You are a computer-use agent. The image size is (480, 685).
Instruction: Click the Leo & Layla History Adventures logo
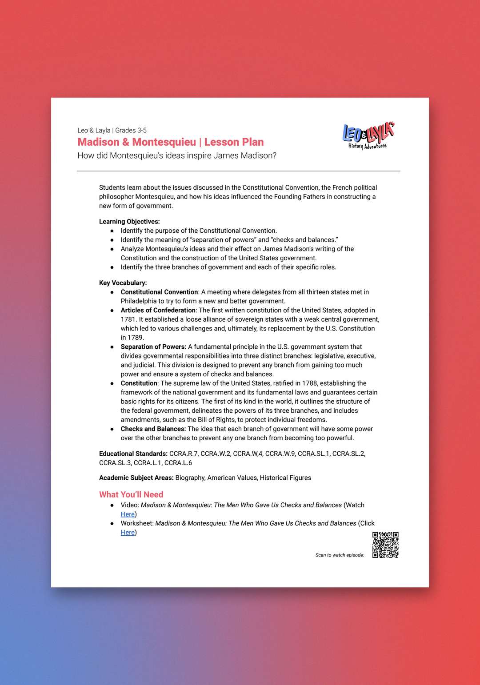pyautogui.click(x=368, y=136)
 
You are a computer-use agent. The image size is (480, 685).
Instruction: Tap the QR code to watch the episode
pyautogui.click(x=385, y=545)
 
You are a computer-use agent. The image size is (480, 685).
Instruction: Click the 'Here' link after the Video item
pyautogui.click(x=128, y=514)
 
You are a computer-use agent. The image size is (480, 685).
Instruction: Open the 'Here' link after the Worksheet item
pyautogui.click(x=128, y=532)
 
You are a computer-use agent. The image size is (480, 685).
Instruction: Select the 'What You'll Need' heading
pyautogui.click(x=131, y=494)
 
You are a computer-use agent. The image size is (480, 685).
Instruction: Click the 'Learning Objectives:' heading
pyautogui.click(x=129, y=221)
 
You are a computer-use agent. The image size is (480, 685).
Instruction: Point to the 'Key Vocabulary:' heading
pyautogui.click(x=123, y=283)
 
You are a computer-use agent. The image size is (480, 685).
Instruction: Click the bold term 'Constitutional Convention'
pyautogui.click(x=159, y=292)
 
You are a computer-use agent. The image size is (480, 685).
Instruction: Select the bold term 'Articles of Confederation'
pyautogui.click(x=158, y=310)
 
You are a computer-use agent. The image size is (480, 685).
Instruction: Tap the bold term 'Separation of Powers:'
pyautogui.click(x=153, y=346)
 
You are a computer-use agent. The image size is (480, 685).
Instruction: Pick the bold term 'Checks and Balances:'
pyautogui.click(x=153, y=429)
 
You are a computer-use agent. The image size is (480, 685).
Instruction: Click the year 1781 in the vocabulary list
pyautogui.click(x=128, y=319)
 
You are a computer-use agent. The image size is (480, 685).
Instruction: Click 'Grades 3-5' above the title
pyautogui.click(x=131, y=130)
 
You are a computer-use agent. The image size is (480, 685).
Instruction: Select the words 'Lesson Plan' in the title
pyautogui.click(x=234, y=142)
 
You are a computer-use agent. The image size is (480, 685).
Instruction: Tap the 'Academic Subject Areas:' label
pyautogui.click(x=136, y=478)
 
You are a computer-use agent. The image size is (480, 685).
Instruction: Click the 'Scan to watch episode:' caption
pyautogui.click(x=340, y=555)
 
